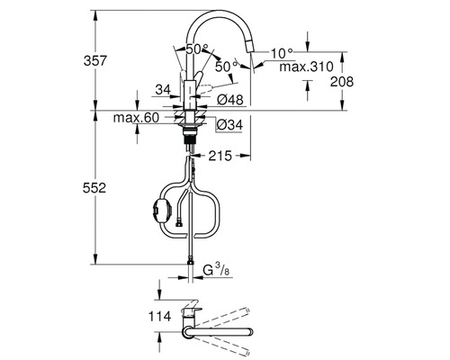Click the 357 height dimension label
click(94, 61)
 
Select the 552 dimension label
click(94, 188)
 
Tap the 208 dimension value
click(342, 81)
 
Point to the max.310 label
click(306, 67)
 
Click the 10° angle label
click(282, 53)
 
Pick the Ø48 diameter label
click(230, 100)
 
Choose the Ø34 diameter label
click(229, 125)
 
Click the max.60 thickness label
click(136, 118)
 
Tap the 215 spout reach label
click(220, 156)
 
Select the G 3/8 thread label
click(216, 270)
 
